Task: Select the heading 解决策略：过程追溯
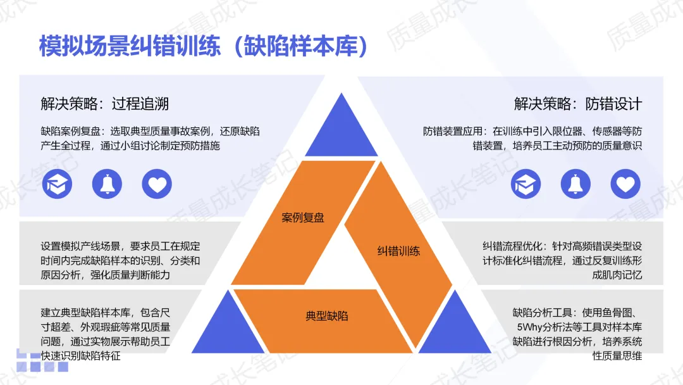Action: [105, 104]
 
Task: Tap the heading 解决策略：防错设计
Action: [578, 104]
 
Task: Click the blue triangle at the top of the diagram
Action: [341, 120]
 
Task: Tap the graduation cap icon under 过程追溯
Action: [58, 184]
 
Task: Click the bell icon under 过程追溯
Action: [107, 184]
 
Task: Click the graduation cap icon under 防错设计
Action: [526, 184]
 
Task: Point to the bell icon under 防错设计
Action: [575, 184]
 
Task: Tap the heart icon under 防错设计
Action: [625, 184]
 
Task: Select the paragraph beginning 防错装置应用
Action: [532, 139]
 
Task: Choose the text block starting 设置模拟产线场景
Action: [120, 261]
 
